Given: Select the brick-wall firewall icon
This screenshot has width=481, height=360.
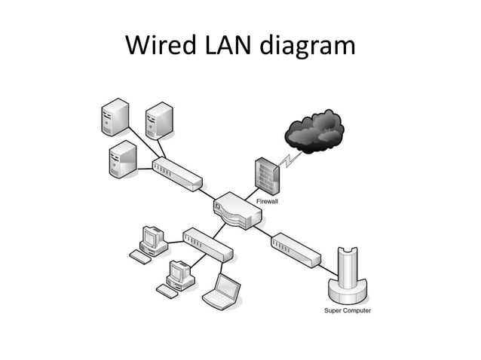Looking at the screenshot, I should (266, 175).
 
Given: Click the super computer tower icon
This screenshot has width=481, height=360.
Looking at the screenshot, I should (348, 275).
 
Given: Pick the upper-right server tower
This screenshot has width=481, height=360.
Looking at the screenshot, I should (159, 119).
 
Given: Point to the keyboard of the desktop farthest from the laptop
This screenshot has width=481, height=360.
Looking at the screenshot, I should (139, 255).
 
